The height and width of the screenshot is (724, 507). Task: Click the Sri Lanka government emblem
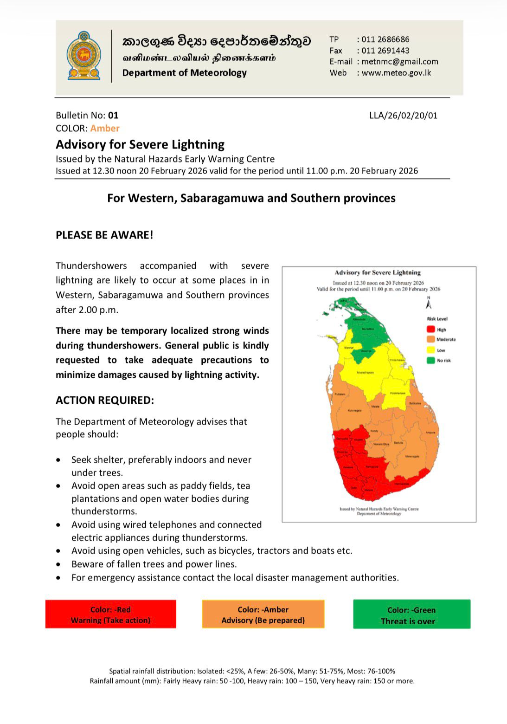click(83, 56)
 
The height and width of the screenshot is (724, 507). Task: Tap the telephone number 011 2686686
click(385, 39)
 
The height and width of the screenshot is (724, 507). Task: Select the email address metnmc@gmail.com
click(400, 62)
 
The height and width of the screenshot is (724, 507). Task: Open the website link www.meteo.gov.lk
click(396, 73)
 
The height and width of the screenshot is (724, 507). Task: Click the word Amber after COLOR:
click(105, 129)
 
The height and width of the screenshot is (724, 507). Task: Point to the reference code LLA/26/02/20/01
click(403, 116)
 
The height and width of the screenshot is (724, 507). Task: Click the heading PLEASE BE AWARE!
click(104, 235)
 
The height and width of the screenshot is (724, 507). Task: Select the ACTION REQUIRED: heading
click(105, 400)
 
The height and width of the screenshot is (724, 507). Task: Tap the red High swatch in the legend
click(431, 330)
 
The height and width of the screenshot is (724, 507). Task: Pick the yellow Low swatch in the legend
click(431, 350)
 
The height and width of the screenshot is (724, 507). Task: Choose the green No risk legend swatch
click(431, 360)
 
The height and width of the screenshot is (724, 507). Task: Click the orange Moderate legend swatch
click(431, 340)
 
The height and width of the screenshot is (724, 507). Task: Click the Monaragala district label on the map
click(412, 457)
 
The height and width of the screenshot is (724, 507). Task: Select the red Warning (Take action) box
click(111, 614)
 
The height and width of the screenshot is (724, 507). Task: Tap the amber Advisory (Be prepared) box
click(263, 614)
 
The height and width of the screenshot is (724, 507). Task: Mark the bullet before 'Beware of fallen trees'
click(58, 565)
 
